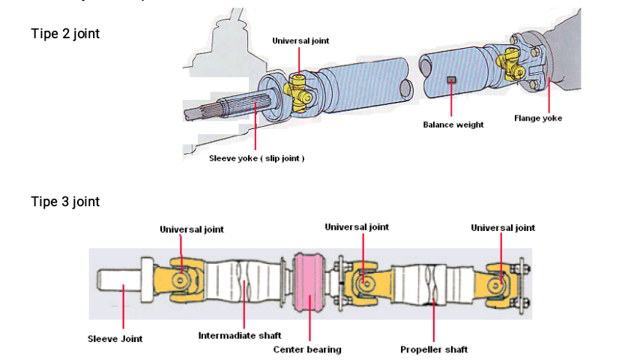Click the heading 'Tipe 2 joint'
(65, 34)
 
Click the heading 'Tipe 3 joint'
(65, 202)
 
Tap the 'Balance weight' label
(453, 124)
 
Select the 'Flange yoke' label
(537, 118)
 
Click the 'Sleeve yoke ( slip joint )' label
(256, 158)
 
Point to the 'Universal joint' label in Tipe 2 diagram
(300, 40)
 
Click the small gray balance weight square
(451, 79)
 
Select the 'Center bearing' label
(307, 349)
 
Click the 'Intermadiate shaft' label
(239, 335)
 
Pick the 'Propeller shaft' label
(434, 349)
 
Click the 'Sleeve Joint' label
(115, 338)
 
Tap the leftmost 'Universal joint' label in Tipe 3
(191, 229)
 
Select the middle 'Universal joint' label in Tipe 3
(357, 226)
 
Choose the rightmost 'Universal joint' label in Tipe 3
(503, 227)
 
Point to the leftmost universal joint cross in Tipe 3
(181, 280)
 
